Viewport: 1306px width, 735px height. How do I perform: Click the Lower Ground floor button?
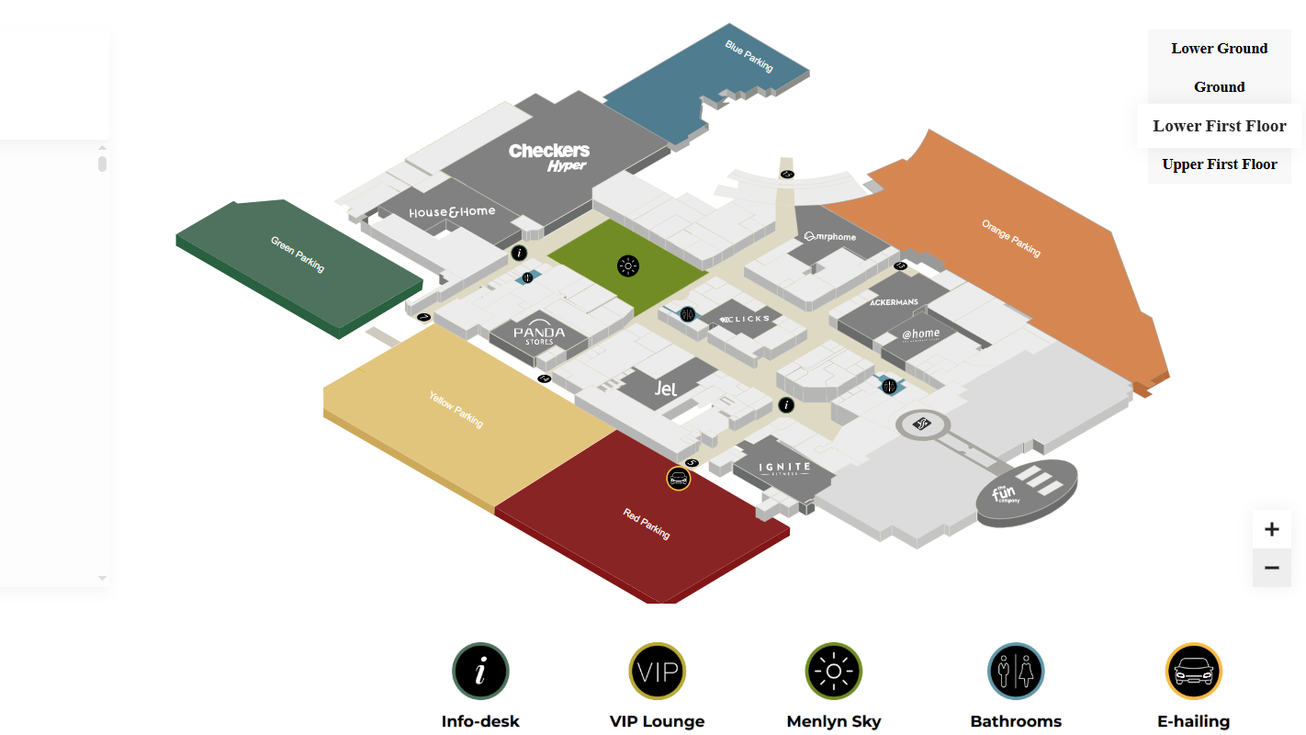[1219, 49]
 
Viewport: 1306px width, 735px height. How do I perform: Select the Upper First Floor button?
[1219, 164]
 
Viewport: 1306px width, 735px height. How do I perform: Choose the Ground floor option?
[1219, 87]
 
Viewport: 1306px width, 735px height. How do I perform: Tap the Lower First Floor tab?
[1219, 126]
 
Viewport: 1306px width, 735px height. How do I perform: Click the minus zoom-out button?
[1271, 569]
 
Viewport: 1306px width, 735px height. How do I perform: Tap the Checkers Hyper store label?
[550, 156]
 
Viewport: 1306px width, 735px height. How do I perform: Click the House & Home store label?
[452, 212]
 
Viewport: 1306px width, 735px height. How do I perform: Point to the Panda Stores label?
[539, 335]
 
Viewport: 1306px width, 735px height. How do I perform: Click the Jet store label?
[666, 389]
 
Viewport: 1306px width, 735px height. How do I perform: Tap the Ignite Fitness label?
[784, 469]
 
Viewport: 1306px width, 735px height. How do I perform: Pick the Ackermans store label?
[894, 302]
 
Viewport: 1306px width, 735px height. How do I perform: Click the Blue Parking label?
[749, 55]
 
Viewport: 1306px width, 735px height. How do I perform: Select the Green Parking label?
[298, 254]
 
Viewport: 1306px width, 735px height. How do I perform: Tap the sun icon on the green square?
[628, 266]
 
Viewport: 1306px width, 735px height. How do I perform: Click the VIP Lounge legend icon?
[657, 672]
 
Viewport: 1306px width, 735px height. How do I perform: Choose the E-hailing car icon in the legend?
[1193, 672]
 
